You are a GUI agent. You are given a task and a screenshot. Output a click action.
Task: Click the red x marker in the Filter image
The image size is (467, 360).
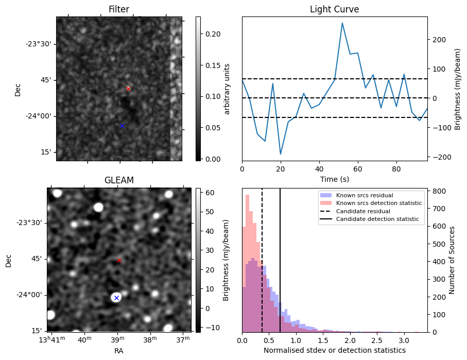tap(128, 89)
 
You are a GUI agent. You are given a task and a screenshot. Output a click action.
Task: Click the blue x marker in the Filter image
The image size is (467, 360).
tap(122, 126)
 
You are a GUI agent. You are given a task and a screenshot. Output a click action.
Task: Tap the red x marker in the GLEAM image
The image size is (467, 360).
tap(119, 260)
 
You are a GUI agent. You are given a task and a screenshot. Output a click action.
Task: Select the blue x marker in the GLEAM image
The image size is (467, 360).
tap(116, 298)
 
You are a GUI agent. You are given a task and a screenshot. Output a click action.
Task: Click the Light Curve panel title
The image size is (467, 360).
tap(334, 9)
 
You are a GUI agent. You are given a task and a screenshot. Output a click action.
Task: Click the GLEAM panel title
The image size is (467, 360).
tap(119, 180)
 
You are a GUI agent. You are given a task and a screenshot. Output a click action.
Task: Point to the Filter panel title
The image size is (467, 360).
tap(119, 9)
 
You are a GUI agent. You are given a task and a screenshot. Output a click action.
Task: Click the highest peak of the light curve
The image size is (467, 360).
tap(342, 23)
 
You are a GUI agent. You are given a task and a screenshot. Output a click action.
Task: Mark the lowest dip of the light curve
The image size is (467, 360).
tap(281, 154)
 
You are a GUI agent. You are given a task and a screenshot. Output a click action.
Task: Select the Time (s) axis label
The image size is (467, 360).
tap(334, 178)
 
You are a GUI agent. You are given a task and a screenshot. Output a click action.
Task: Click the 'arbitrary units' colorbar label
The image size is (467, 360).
tap(227, 89)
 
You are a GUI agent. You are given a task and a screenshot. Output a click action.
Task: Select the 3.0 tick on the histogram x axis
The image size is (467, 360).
tap(404, 340)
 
